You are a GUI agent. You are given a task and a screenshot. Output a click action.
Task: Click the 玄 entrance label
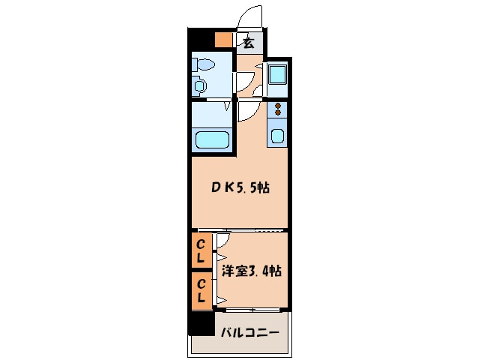[249, 43]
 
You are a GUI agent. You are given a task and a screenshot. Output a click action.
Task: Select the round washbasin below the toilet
[200, 85]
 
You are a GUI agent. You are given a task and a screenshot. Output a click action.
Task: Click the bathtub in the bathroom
[212, 139]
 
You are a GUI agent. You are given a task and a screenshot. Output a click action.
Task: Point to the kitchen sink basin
[277, 136]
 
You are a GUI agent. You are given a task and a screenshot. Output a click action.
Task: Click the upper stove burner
[278, 106]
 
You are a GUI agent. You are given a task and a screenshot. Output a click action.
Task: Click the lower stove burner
[278, 112]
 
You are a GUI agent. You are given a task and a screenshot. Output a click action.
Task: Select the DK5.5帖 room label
[240, 187]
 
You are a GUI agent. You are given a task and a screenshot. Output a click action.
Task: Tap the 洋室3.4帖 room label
[251, 271]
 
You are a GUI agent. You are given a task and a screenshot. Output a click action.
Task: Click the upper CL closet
[202, 250]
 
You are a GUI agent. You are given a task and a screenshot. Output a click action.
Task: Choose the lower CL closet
[202, 291]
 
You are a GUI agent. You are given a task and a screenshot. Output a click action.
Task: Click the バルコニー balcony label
[250, 332]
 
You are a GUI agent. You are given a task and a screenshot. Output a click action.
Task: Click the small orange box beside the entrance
[224, 40]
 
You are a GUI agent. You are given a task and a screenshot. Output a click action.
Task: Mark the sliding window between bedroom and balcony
[252, 310]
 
